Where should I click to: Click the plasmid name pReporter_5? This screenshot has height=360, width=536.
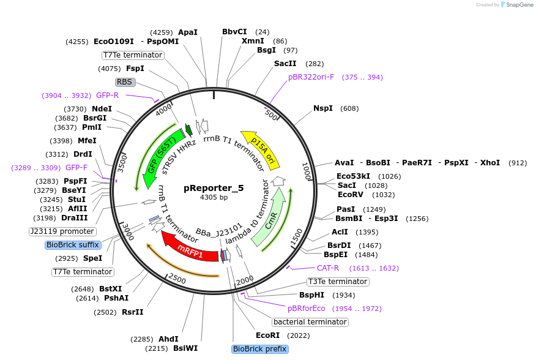[x=214, y=188]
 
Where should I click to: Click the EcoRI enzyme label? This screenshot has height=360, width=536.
[x=267, y=336]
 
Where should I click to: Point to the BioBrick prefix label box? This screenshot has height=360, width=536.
[x=259, y=349]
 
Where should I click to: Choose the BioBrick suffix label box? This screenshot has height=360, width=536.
[x=72, y=245]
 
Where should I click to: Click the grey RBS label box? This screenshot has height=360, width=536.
[x=124, y=82]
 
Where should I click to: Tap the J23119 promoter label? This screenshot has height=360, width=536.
[x=62, y=231]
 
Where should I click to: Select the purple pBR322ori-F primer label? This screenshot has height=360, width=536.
[x=311, y=77]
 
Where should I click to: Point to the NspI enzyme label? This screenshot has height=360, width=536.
[x=323, y=108]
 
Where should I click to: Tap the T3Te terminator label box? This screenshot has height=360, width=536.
[x=338, y=282]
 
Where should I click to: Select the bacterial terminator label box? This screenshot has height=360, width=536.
[x=310, y=322]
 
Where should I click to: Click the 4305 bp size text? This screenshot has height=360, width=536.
[x=214, y=198]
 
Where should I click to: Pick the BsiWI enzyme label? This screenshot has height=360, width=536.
[x=185, y=348]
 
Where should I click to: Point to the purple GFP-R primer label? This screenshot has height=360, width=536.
[x=107, y=96]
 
